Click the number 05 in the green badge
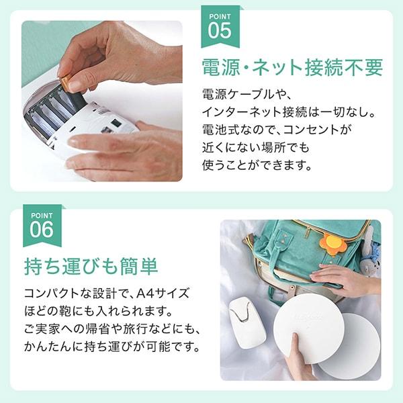pyautogui.click(x=219, y=30)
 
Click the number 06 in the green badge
pyautogui.click(x=41, y=229)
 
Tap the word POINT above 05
pyautogui.click(x=219, y=15)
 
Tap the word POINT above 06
pyautogui.click(x=41, y=214)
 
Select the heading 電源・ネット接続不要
pyautogui.click(x=292, y=67)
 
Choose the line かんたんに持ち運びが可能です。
pyautogui.click(x=111, y=347)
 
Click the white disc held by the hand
pyautogui.click(x=308, y=327)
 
